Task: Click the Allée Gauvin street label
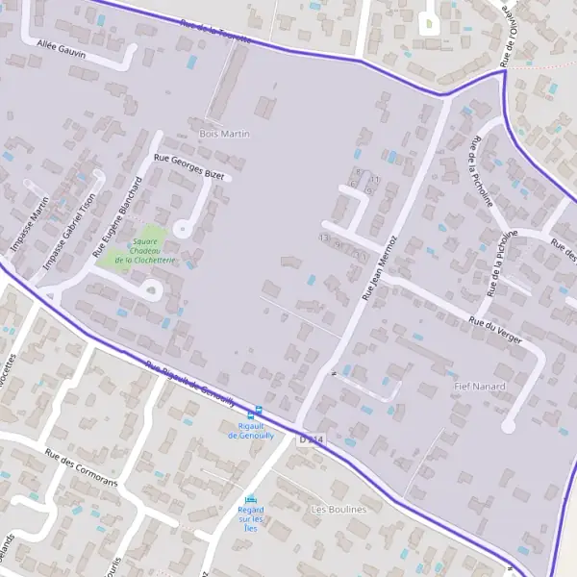(x=61, y=49)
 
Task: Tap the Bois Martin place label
(x=223, y=134)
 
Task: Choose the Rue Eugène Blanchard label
(x=116, y=219)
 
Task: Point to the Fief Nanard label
(x=479, y=386)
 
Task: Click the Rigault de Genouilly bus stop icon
(x=253, y=413)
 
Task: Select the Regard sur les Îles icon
(x=251, y=499)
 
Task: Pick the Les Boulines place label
(x=339, y=509)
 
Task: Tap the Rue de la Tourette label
(x=216, y=35)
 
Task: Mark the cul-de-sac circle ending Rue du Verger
(x=509, y=423)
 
